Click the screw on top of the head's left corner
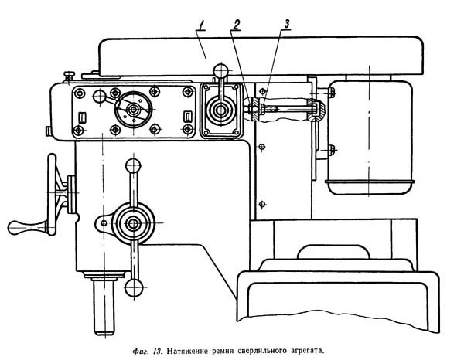[70, 74]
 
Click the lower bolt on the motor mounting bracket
[330, 149]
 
